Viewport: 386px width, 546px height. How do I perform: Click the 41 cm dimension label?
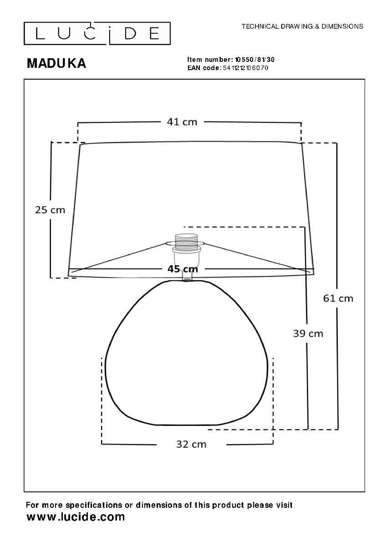[182, 121]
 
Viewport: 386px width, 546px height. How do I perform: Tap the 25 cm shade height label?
[50, 210]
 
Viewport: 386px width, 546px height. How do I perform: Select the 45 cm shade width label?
[183, 269]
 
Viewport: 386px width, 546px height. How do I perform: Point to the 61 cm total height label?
[338, 298]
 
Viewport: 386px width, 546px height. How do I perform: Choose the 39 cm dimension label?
[308, 334]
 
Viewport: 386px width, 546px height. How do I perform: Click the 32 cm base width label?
[191, 445]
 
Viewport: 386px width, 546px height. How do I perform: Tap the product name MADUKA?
[56, 63]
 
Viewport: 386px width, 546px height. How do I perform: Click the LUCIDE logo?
[97, 33]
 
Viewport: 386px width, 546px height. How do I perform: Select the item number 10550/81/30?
[254, 60]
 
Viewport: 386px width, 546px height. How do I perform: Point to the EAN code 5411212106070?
[245, 68]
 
